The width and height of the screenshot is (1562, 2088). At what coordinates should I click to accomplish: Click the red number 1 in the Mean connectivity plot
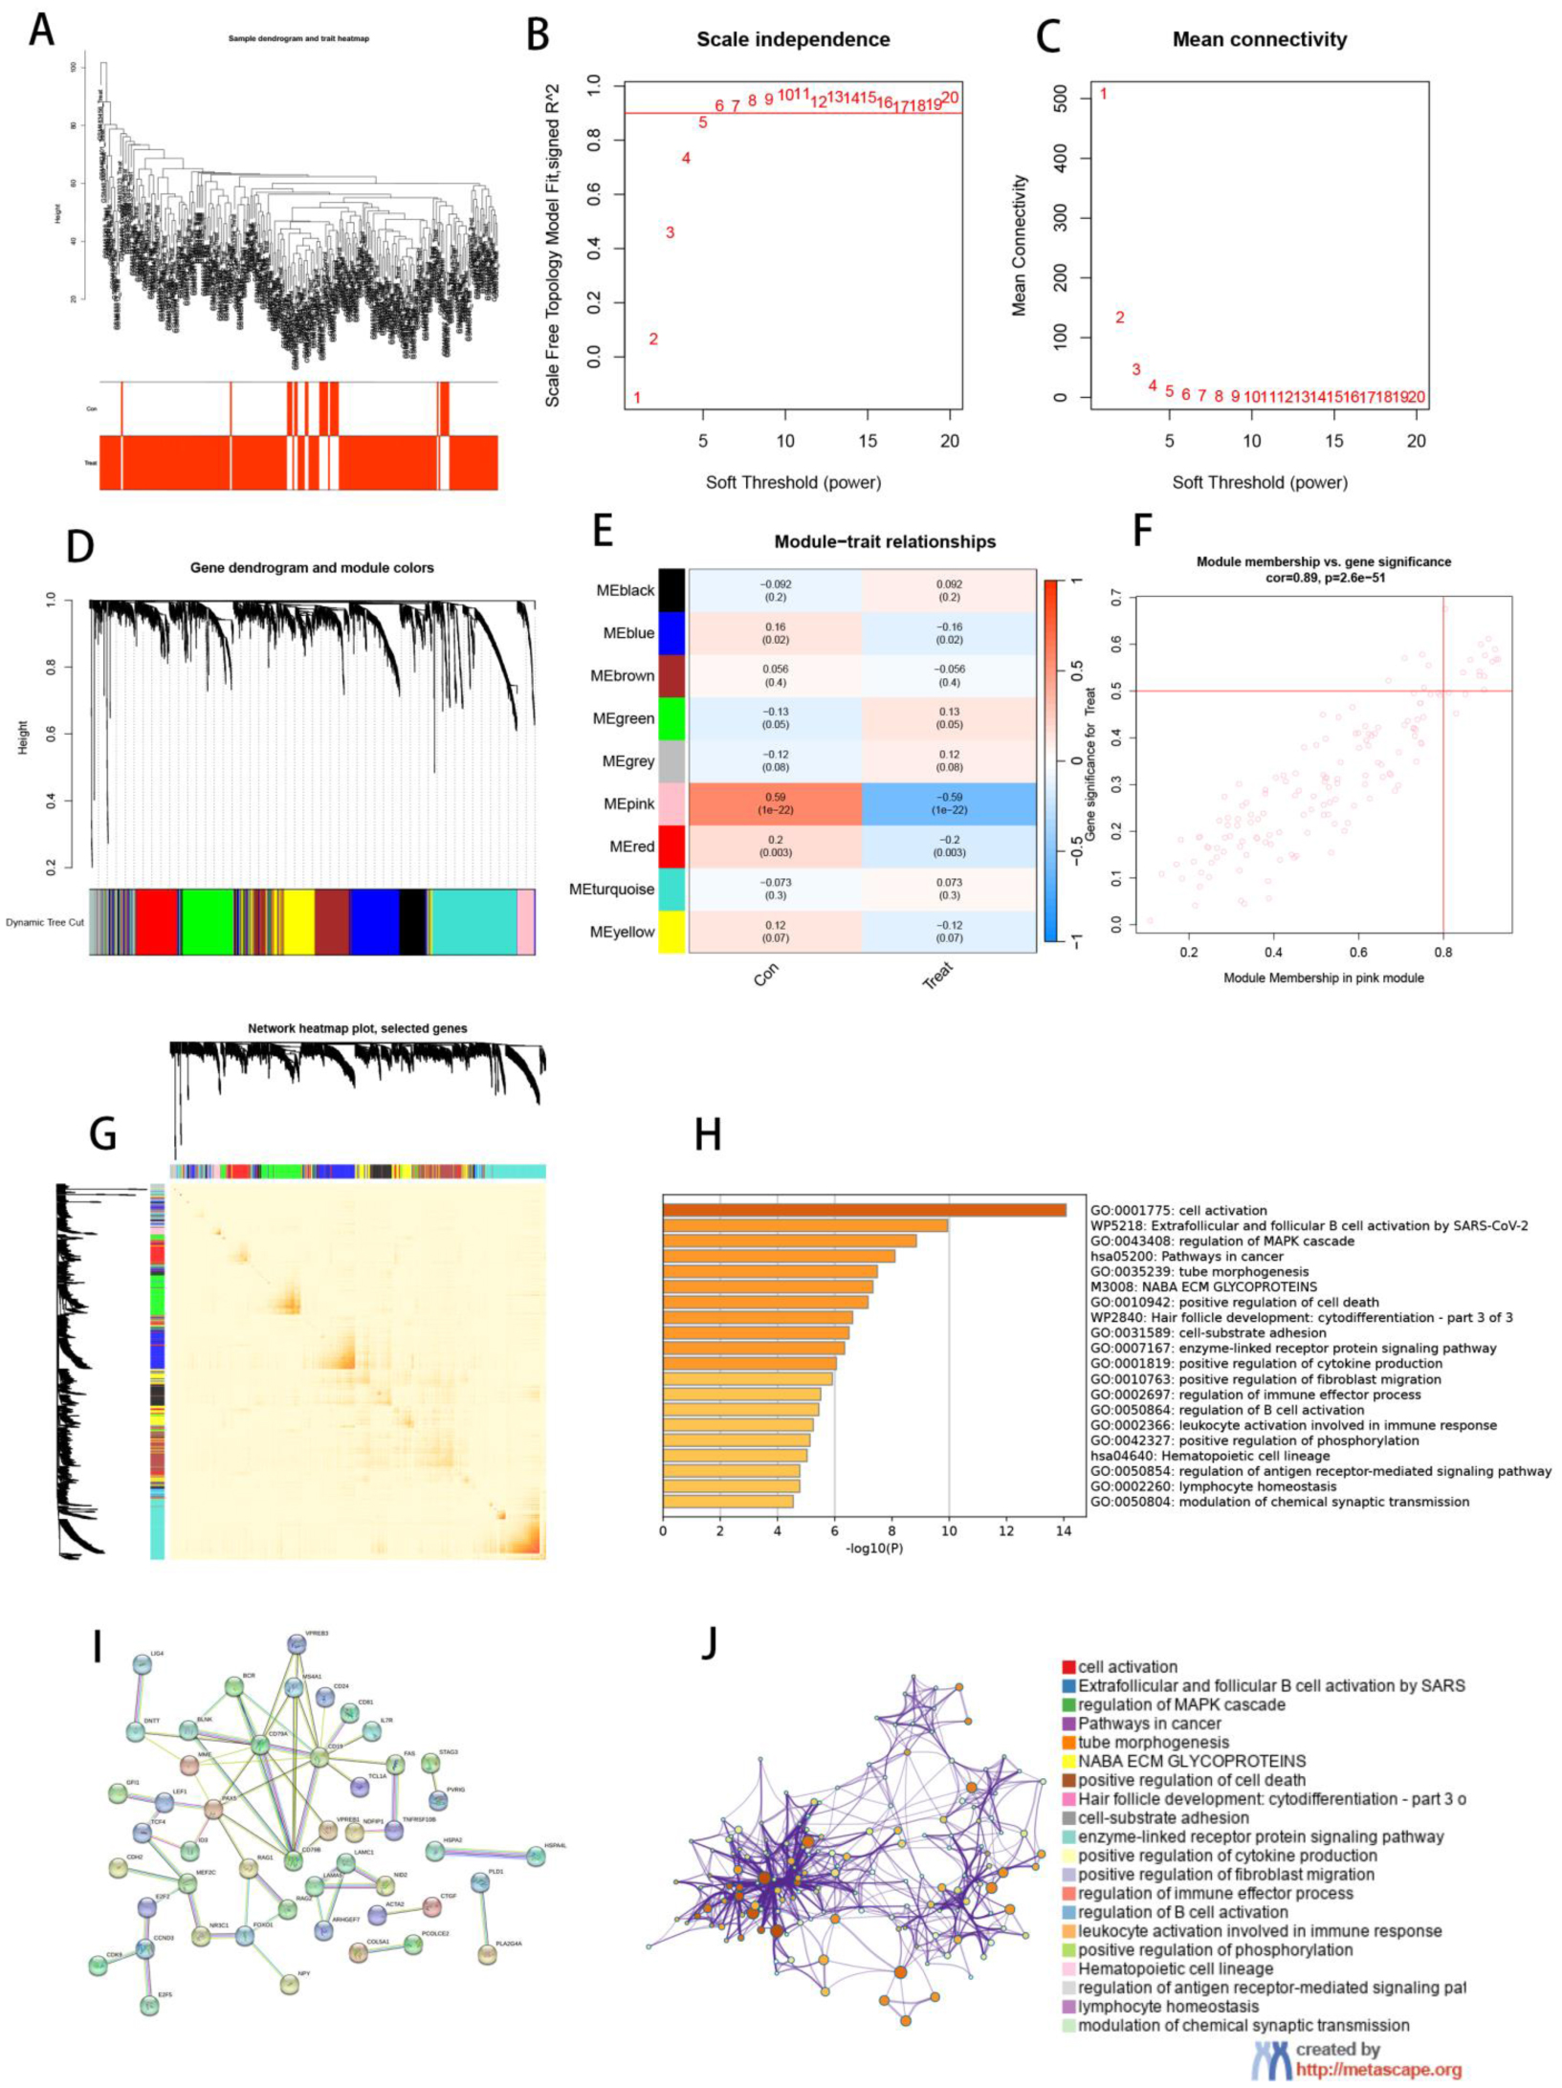click(1103, 94)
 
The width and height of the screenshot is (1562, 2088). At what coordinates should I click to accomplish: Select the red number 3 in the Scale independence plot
click(670, 232)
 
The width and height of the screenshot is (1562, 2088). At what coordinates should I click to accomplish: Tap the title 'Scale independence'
click(793, 40)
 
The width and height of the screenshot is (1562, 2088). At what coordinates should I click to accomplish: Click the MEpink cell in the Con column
click(775, 803)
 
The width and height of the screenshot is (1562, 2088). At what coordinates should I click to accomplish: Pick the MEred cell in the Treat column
click(949, 846)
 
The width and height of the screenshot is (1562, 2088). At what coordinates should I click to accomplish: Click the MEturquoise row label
click(611, 890)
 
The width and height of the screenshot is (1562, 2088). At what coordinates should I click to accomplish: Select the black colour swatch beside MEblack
click(671, 590)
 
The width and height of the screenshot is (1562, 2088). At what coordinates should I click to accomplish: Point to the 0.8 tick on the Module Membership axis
click(1442, 953)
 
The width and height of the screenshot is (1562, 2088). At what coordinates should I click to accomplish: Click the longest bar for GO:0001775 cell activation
click(864, 1210)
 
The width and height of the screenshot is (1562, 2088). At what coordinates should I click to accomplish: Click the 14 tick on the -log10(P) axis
click(1063, 1530)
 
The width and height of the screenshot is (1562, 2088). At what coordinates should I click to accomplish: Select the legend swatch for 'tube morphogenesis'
click(1069, 1743)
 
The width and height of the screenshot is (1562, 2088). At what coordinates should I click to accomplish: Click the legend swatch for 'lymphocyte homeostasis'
click(1069, 2007)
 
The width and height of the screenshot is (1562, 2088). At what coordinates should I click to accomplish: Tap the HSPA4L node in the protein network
click(536, 1857)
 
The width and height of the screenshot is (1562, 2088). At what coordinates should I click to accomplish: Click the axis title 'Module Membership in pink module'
click(1323, 978)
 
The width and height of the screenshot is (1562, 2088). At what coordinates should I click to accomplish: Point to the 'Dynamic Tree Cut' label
click(44, 923)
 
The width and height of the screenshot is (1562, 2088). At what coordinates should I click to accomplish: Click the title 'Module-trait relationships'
click(885, 542)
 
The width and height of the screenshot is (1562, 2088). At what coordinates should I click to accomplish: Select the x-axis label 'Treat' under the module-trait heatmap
click(938, 975)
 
